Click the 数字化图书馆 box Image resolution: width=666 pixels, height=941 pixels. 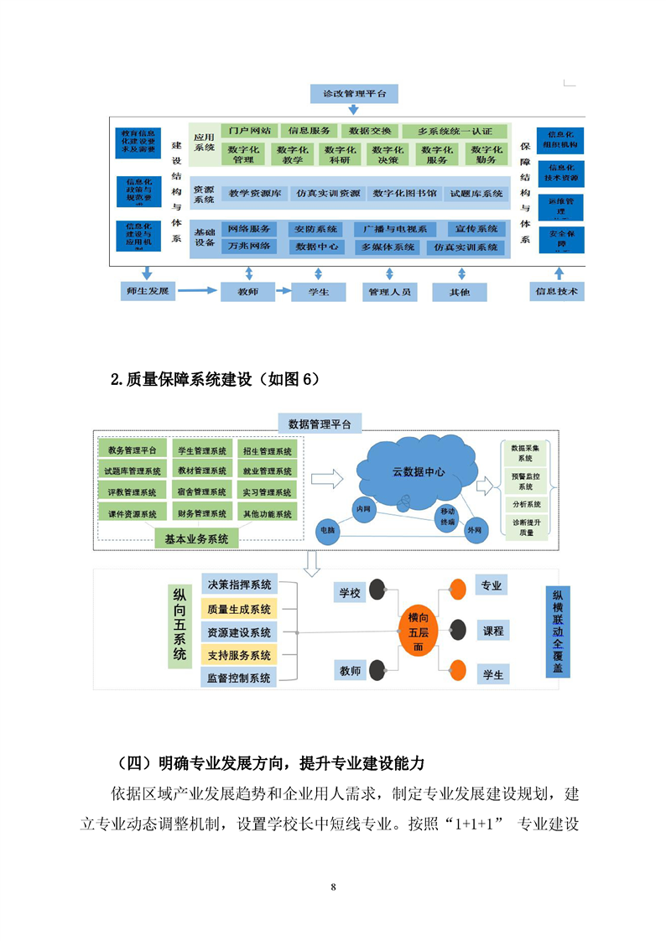[404, 194]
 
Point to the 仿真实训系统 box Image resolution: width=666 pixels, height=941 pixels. [466, 247]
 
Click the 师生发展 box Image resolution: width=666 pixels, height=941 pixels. [147, 292]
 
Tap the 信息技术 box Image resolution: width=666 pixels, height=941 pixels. [558, 292]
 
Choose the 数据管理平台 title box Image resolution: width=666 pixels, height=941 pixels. [320, 423]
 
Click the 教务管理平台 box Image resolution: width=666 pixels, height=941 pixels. [133, 450]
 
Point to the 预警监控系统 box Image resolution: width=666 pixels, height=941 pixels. [524, 481]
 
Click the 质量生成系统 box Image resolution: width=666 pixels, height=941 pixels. [238, 609]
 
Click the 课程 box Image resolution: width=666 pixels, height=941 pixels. [492, 630]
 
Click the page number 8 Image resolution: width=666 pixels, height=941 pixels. [333, 887]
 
